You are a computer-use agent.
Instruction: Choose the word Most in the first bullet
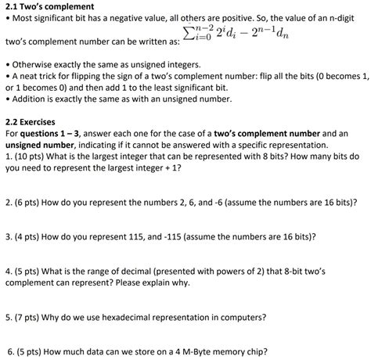pos(23,19)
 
